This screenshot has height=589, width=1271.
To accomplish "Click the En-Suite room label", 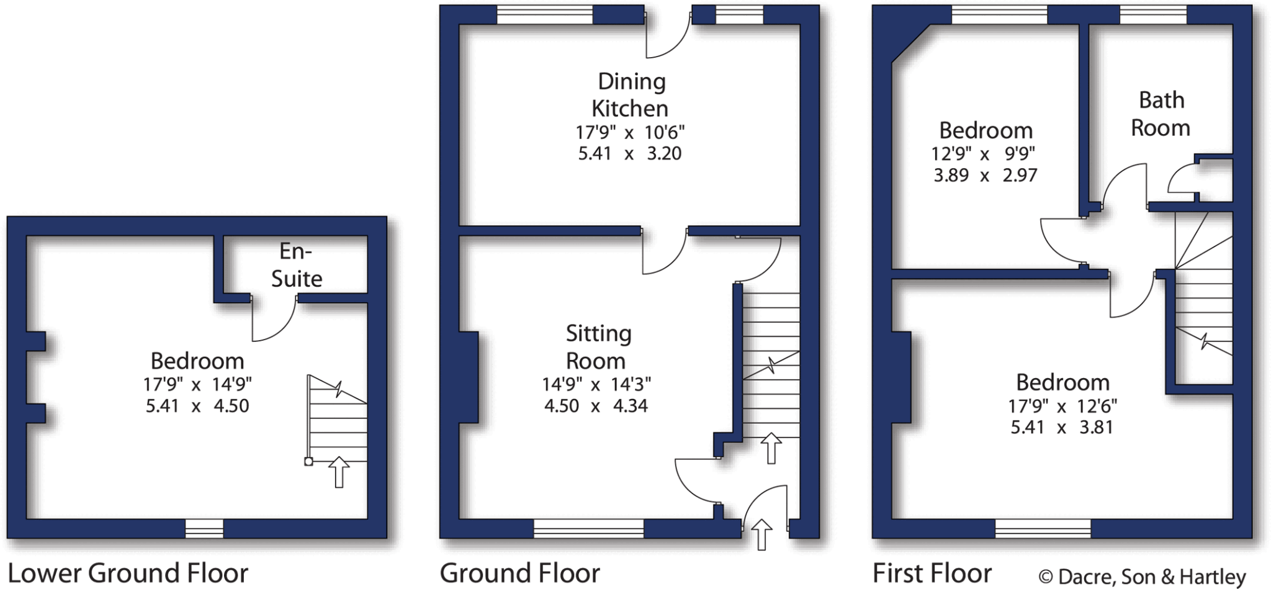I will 296,265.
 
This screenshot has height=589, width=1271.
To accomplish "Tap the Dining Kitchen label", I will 630,95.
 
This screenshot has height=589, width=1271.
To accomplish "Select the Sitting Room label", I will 598,347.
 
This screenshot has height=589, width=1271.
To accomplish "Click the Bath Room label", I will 1161,114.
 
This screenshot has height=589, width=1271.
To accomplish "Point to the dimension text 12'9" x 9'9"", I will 984,153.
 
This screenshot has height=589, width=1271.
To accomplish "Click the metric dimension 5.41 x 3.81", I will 1062,428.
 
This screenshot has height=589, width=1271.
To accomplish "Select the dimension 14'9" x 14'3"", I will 596,385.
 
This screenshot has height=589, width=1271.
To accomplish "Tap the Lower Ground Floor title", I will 128,573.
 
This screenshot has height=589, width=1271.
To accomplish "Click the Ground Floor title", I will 519,573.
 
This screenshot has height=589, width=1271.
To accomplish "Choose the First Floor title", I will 932,573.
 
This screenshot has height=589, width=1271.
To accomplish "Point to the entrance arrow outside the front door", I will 761,534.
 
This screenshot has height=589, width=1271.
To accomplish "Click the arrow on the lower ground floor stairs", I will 339,472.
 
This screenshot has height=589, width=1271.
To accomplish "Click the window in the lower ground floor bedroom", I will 204,529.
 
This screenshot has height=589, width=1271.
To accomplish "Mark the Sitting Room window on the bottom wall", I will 588,529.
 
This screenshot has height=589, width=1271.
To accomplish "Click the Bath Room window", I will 1153,14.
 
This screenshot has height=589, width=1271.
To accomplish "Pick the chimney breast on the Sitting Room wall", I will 469,377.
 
